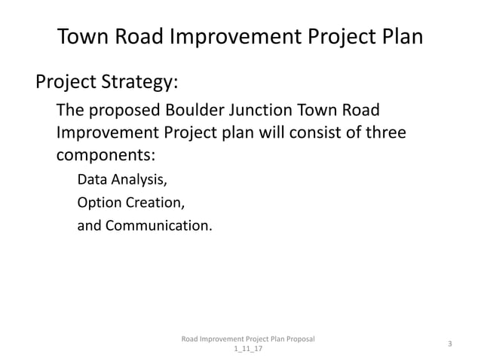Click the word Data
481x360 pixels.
[x=92, y=181]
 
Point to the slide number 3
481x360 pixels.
[x=449, y=344]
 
